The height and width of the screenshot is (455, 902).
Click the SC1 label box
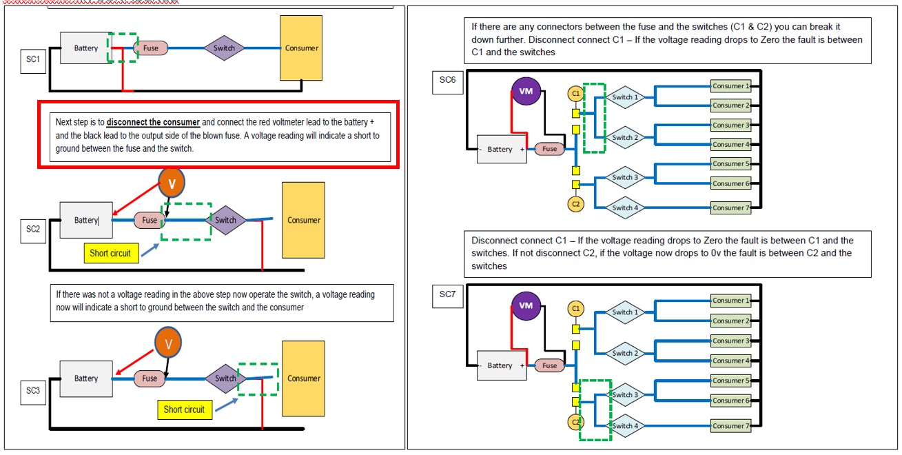click(33, 61)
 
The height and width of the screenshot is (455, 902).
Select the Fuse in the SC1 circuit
click(150, 48)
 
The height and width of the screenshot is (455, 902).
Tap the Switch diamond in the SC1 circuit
click(224, 48)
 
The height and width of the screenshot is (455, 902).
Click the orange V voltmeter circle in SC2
click(172, 183)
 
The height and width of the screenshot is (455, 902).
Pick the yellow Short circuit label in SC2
click(110, 253)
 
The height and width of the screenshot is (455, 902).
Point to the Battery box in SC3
click(86, 378)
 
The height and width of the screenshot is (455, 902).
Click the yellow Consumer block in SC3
click(303, 378)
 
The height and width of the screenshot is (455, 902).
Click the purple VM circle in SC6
click(526, 91)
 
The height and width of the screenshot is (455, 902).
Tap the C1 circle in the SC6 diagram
click(575, 93)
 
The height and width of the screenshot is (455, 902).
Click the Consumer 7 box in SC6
click(730, 208)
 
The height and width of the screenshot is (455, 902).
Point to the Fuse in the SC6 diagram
click(549, 149)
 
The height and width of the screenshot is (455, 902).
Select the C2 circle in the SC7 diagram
click(575, 421)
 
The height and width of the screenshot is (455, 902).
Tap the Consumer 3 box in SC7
click(730, 341)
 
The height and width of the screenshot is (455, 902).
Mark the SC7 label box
click(447, 294)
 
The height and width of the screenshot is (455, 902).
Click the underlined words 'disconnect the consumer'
click(153, 122)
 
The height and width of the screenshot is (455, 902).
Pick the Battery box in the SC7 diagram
click(500, 365)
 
